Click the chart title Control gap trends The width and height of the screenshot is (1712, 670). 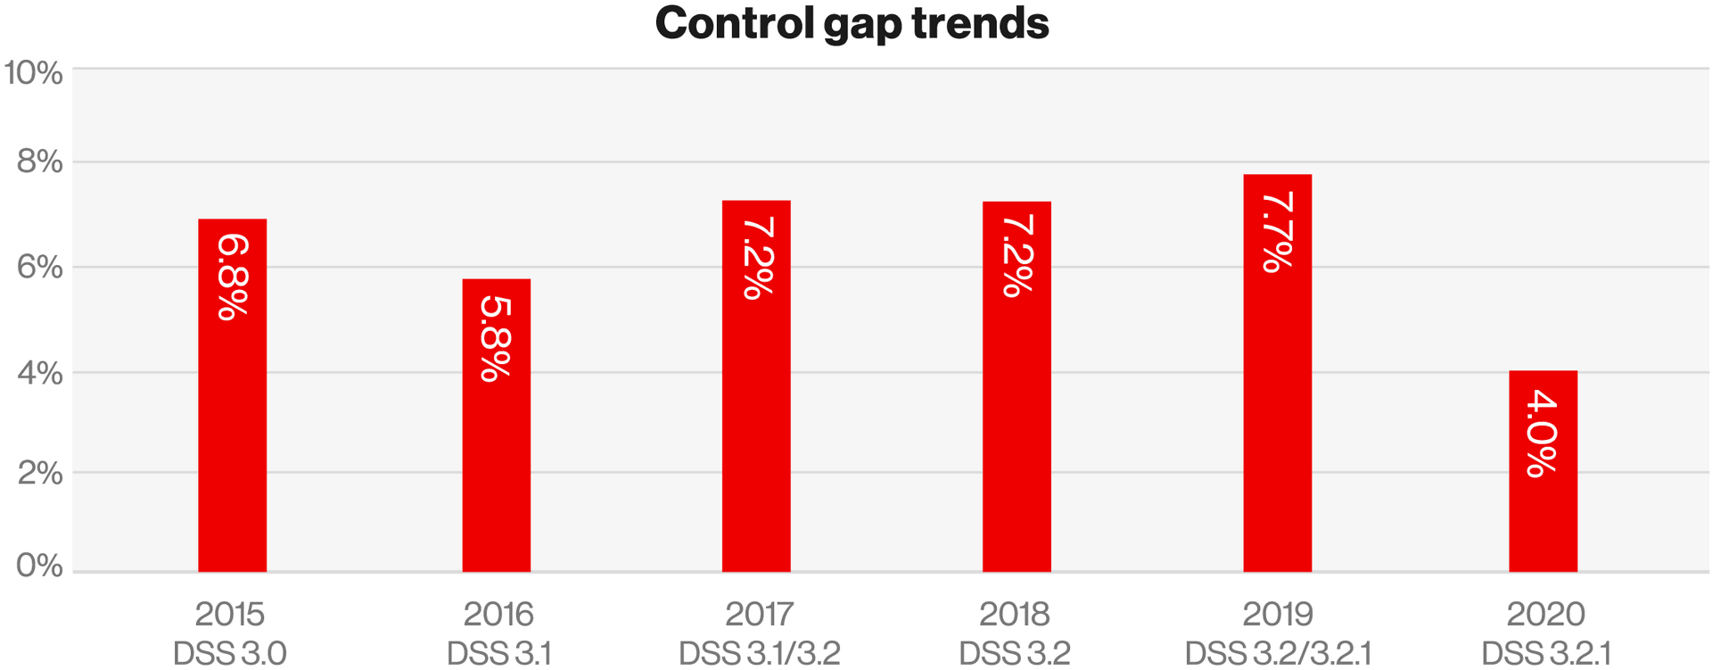pos(852,24)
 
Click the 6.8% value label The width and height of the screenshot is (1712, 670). pos(233,276)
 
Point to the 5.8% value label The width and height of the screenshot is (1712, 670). pos(496,338)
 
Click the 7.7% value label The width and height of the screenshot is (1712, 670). pos(1278,232)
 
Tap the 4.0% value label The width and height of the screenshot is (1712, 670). pos(1543,434)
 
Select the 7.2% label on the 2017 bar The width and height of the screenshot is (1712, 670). pos(757,258)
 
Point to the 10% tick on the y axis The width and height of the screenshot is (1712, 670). pos(34,73)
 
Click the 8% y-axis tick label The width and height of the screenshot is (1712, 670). pos(40,162)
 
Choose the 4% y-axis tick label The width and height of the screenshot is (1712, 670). pos(40,373)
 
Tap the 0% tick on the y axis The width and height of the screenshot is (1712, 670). pos(40,566)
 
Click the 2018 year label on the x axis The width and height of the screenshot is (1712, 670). pos(1015,614)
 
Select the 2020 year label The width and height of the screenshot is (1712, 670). pos(1545,614)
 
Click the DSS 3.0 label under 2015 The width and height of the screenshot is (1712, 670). pos(230,653)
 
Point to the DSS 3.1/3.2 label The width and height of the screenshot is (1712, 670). pos(759,653)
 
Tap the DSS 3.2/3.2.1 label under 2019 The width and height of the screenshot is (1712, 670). pos(1278,653)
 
